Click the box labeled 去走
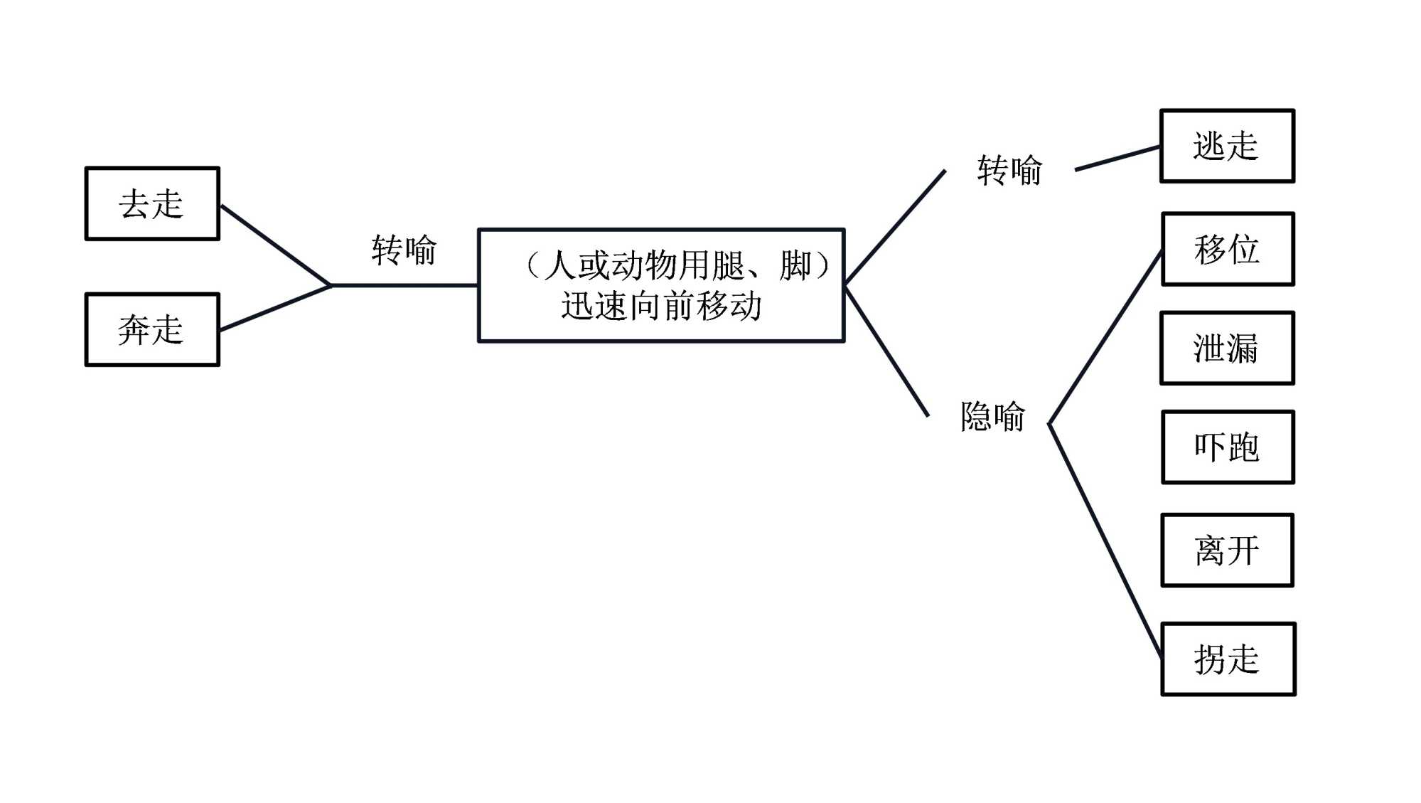coord(152,204)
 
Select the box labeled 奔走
coord(152,330)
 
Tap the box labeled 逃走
coord(1227,147)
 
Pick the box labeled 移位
coord(1228,250)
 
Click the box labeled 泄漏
coord(1227,349)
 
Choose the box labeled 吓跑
coord(1228,447)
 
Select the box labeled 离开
coord(1227,551)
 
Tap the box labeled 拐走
coord(1228,659)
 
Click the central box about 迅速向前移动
coord(661,285)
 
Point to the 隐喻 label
coord(992,417)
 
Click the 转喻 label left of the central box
coord(404,250)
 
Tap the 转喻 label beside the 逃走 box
coord(1009,171)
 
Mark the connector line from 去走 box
coord(276,245)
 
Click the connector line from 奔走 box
coord(276,307)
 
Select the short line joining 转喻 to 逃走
coord(1117,159)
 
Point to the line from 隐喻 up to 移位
coord(1105,338)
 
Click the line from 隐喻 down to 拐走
coord(1105,541)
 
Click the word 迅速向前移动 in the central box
coord(661,307)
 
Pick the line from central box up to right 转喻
coord(895,228)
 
